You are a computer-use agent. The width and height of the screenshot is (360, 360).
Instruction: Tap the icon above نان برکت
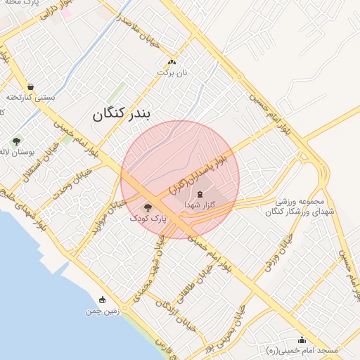click(162, 63)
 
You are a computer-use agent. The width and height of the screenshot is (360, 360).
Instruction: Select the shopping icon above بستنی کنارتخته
click(30, 86)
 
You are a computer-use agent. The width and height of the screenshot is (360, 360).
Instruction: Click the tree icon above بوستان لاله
click(16, 141)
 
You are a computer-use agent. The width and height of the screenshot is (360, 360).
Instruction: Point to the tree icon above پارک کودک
click(148, 207)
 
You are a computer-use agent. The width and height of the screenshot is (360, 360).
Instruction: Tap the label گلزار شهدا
click(200, 205)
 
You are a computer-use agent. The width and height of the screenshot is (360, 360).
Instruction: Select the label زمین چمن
click(103, 310)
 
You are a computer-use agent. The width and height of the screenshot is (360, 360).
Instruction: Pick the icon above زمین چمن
click(103, 300)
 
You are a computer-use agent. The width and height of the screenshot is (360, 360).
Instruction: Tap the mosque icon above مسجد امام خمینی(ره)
click(302, 340)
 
